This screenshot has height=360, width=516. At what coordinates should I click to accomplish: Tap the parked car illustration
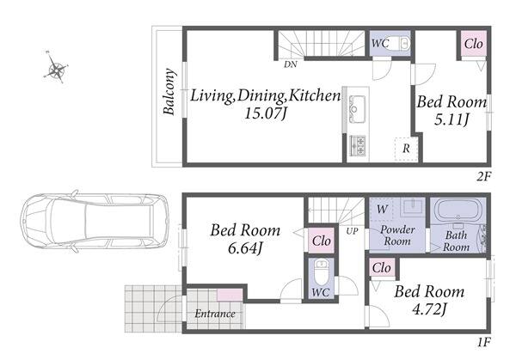95,222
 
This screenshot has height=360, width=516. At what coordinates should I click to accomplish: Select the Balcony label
169,92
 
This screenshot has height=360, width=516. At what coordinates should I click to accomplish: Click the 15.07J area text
266,113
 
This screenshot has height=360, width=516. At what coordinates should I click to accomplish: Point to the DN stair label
291,64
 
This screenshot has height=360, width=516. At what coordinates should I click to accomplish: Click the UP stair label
352,231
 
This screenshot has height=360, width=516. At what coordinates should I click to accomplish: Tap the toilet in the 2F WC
404,43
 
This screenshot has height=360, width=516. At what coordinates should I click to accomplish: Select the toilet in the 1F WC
321,272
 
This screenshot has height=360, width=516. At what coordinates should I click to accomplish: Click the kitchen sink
357,105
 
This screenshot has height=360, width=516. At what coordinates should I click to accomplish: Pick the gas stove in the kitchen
357,145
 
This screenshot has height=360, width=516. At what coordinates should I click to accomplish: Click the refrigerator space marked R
407,149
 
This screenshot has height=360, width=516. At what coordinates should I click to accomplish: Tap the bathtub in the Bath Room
458,211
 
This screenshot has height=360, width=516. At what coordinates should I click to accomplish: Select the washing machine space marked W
382,209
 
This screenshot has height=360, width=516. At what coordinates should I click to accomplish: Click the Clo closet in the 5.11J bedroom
474,44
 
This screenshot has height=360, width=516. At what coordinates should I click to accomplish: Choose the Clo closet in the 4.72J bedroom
382,268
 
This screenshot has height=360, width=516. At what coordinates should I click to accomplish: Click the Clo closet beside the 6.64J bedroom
321,241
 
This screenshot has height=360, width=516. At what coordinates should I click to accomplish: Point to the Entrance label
215,314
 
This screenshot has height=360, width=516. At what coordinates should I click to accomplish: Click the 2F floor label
483,177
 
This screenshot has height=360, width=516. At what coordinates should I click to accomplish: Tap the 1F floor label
483,342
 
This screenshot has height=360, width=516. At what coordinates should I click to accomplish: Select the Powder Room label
397,235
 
